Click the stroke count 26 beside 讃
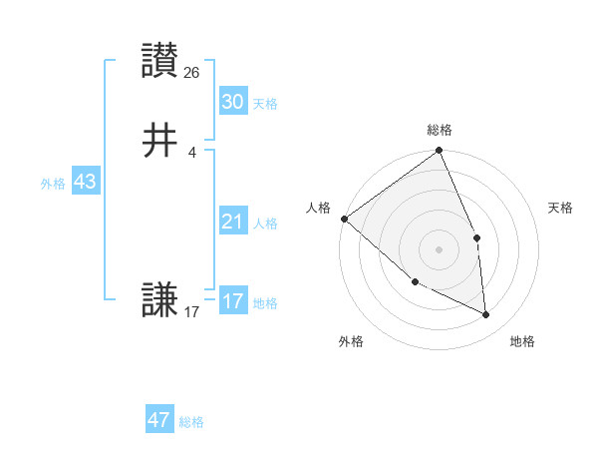pyautogui.click(x=192, y=73)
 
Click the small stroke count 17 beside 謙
pyautogui.click(x=192, y=312)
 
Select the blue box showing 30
pyautogui.click(x=232, y=102)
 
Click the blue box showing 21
pyautogui.click(x=232, y=222)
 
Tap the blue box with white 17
pyautogui.click(x=232, y=301)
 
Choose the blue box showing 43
pyautogui.click(x=85, y=183)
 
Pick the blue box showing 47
pyautogui.click(x=159, y=420)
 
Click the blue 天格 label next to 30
pyautogui.click(x=265, y=104)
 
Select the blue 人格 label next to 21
pyautogui.click(x=265, y=224)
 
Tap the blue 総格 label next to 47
pyautogui.click(x=191, y=422)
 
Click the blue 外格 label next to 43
pyautogui.click(x=53, y=184)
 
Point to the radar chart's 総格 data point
pyautogui.click(x=440, y=152)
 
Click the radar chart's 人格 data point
pyautogui.click(x=344, y=219)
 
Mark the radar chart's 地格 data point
pyautogui.click(x=486, y=315)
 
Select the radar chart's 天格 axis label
pyautogui.click(x=561, y=208)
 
